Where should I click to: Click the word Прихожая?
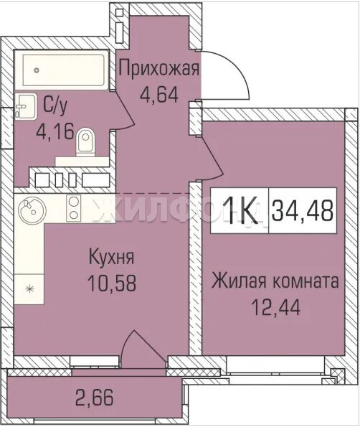pyautogui.click(x=159, y=70)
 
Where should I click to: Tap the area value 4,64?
pyautogui.click(x=159, y=94)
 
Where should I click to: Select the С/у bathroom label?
pyautogui.click(x=55, y=106)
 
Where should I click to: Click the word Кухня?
pyautogui.click(x=112, y=258)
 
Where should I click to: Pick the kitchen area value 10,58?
pyautogui.click(x=112, y=283)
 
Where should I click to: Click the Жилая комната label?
pyautogui.click(x=275, y=281)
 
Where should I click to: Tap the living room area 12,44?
pyautogui.click(x=276, y=307)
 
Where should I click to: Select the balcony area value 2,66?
pyautogui.click(x=95, y=398)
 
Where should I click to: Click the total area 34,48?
pyautogui.click(x=303, y=210)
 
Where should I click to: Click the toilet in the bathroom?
pyautogui.click(x=86, y=142)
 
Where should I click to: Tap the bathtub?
pyautogui.click(x=64, y=70)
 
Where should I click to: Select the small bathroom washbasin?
pyautogui.click(x=25, y=106)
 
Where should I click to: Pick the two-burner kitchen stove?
pyautogui.click(x=73, y=209)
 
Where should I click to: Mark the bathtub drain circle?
pyautogui.click(x=37, y=70)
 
